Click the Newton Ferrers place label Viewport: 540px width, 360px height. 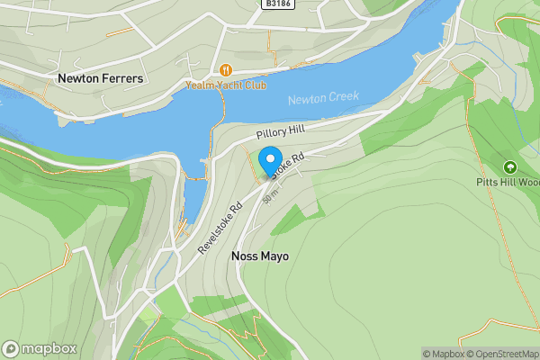100,79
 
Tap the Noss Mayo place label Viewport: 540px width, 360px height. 260,256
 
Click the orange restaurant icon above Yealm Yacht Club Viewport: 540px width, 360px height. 225,70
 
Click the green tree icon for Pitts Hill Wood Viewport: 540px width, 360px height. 510,167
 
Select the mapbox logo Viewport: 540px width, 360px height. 40,348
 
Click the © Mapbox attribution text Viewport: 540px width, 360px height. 443,354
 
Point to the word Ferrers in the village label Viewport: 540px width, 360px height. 122,79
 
